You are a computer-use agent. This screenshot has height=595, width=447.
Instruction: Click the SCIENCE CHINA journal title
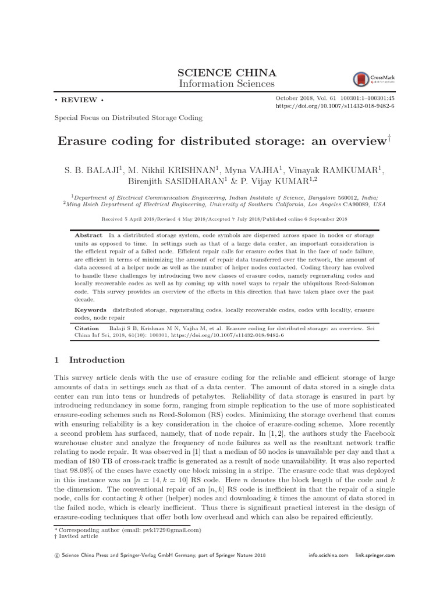(x=226, y=73)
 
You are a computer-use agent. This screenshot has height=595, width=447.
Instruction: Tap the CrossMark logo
(x=367, y=80)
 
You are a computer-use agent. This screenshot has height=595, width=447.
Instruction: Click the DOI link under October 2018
(x=335, y=107)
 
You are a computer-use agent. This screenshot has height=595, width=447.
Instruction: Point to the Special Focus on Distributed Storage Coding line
(x=128, y=118)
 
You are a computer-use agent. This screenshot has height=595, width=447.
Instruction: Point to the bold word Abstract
(x=88, y=235)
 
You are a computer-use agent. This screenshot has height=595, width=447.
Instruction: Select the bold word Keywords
(x=91, y=310)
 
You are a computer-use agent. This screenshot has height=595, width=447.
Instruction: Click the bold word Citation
(x=87, y=328)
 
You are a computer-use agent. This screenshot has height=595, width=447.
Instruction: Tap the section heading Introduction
(x=97, y=360)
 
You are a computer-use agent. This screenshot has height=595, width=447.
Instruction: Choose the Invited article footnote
(x=76, y=537)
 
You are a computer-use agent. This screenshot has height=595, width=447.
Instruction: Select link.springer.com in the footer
(x=375, y=555)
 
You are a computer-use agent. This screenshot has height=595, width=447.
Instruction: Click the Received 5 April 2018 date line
(x=224, y=219)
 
